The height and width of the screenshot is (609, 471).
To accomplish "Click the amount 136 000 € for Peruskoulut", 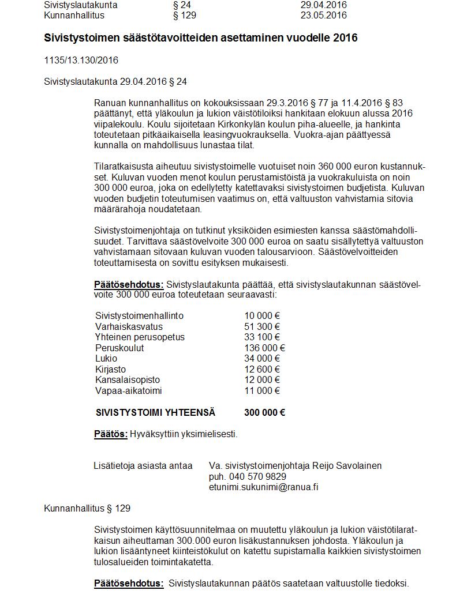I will [x=264, y=348].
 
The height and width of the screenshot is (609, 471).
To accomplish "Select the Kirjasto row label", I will [x=110, y=369].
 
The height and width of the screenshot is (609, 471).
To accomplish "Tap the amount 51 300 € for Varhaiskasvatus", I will [x=262, y=326].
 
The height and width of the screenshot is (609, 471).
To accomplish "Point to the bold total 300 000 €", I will [x=264, y=412].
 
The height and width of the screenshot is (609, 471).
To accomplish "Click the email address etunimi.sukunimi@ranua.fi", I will [x=264, y=487].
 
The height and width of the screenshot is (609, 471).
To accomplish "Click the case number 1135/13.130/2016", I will [x=81, y=60].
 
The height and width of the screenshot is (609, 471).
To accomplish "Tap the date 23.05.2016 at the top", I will [x=323, y=15].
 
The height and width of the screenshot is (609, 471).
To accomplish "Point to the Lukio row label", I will [x=106, y=358].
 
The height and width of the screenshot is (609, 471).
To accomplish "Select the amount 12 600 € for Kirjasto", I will [x=262, y=369].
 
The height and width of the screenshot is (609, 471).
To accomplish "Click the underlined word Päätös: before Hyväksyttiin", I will [x=111, y=434].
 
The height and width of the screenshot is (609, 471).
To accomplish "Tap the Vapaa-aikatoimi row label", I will [x=129, y=390].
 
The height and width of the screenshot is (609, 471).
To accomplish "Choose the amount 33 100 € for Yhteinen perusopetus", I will [x=262, y=337].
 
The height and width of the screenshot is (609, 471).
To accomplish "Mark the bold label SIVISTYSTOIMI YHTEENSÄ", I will [x=155, y=412].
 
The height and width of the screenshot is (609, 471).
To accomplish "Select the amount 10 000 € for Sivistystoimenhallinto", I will [x=262, y=315].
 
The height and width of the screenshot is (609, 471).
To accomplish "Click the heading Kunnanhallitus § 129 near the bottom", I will [x=87, y=508].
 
